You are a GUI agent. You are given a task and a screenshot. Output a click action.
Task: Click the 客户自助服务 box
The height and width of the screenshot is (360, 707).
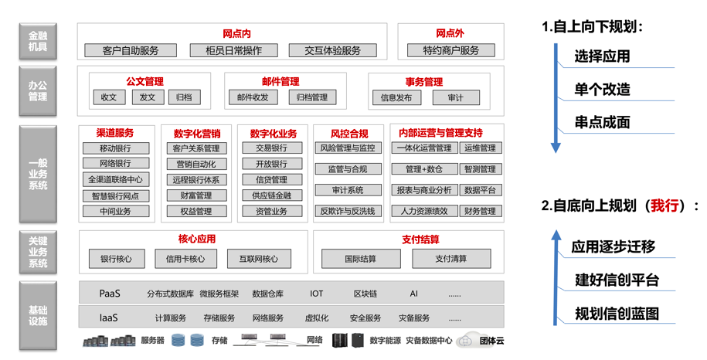[131, 50]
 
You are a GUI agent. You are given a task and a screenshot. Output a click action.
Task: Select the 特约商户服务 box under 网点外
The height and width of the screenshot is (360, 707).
[451, 50]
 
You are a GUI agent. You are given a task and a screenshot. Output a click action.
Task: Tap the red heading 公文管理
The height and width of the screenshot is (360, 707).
[144, 82]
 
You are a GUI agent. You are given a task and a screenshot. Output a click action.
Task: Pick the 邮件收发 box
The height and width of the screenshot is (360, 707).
[253, 97]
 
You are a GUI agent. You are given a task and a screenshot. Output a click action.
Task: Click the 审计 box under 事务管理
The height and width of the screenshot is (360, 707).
[456, 98]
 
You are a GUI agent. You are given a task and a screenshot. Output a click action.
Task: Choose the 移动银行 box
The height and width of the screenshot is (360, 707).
[116, 148]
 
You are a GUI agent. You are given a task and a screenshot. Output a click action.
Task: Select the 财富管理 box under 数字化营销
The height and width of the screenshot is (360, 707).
[196, 195]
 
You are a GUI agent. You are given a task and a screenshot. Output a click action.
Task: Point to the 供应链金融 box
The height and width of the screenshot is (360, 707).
[272, 195]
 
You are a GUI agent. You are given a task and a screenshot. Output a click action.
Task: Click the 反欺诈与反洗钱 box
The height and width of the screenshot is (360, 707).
[348, 211]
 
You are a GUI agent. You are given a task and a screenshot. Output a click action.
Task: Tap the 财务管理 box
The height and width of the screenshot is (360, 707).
[480, 211]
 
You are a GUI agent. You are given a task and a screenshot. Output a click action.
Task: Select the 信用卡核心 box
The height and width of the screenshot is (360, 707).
[185, 259]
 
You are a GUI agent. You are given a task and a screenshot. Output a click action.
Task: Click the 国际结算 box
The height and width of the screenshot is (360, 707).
[361, 259]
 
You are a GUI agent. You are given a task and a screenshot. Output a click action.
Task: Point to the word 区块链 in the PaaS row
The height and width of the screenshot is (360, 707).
[365, 294]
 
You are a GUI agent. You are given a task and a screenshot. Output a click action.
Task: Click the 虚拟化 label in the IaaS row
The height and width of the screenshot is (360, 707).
[317, 318]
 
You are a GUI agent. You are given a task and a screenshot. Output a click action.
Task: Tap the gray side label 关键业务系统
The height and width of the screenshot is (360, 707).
[38, 252]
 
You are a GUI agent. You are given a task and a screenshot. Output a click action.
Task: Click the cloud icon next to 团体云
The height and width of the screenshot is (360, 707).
[465, 341]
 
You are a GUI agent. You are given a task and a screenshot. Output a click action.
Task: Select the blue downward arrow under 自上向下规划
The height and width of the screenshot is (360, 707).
[556, 98]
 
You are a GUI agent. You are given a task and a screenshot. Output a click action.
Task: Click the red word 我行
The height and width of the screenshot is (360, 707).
[665, 206]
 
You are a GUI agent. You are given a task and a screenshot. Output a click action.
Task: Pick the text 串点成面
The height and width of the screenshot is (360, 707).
[602, 122]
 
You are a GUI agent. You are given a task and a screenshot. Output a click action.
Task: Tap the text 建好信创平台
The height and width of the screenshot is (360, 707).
[617, 280]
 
